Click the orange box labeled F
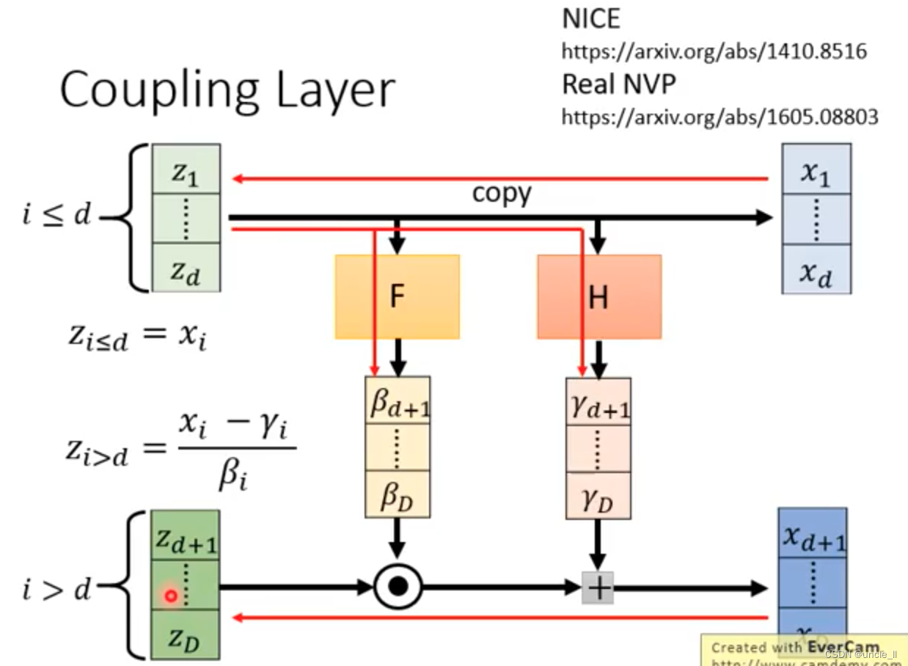click(397, 296)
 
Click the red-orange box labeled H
click(598, 296)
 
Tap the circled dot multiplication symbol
click(398, 587)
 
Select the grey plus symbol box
click(598, 588)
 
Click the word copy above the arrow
click(501, 194)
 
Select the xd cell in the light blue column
click(816, 273)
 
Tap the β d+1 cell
click(398, 402)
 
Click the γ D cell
click(598, 497)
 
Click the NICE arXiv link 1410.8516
click(714, 51)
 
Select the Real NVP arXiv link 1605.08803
click(720, 116)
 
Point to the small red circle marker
click(171, 596)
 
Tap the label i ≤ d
click(56, 216)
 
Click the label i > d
click(56, 588)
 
